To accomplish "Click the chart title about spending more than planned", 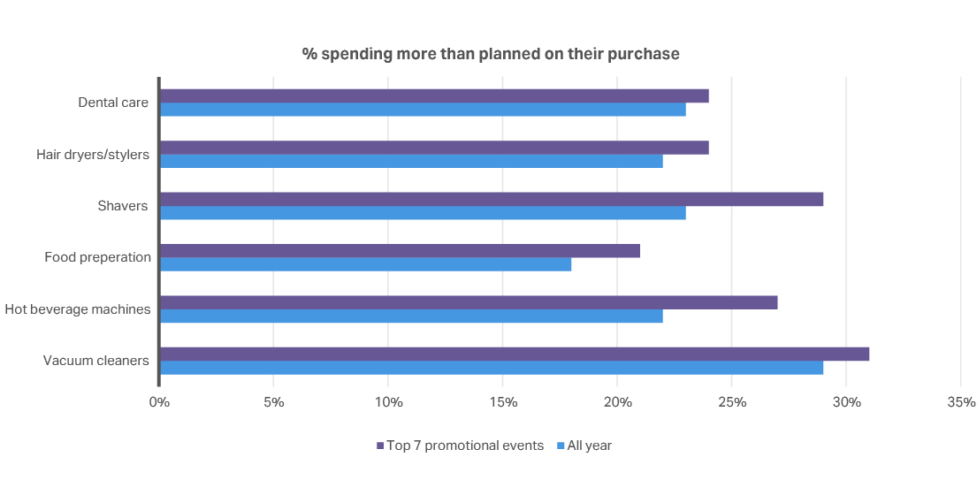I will (x=491, y=54).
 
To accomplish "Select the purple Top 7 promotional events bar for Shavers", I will (x=491, y=199).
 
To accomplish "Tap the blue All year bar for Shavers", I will (x=422, y=213).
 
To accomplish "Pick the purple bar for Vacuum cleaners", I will (x=514, y=354).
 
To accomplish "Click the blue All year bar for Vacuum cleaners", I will (x=491, y=368).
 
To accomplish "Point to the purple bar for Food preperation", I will (x=399, y=251).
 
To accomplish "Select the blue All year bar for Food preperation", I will (x=364, y=264).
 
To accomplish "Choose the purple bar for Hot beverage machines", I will (x=468, y=302).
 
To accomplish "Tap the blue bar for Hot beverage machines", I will (x=410, y=316).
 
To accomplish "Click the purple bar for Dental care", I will (x=433, y=95).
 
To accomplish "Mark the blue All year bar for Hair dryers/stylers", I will (x=410, y=161).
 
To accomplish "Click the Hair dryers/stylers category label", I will (x=93, y=155).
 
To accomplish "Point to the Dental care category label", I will (x=113, y=103).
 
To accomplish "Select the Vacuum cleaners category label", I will (x=96, y=361).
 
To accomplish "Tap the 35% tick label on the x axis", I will (x=961, y=402).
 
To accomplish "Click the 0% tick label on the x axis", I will (x=159, y=402).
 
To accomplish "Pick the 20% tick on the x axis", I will (x=617, y=402).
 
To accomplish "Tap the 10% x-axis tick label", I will (x=388, y=402).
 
